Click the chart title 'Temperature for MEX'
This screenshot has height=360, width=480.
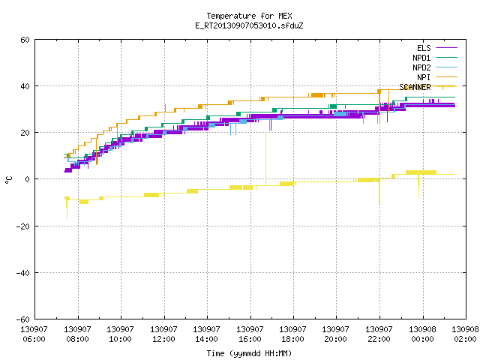(249, 16)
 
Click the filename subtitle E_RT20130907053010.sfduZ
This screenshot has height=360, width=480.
(249, 25)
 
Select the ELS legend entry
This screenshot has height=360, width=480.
(437, 48)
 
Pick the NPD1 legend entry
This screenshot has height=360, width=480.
(435, 58)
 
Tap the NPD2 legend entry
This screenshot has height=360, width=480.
(435, 67)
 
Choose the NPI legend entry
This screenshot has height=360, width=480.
(437, 77)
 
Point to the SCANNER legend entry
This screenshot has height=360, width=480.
(428, 87)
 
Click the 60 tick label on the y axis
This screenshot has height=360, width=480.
(25, 40)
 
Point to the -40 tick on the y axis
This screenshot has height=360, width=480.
(23, 273)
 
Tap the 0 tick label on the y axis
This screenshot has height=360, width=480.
(28, 179)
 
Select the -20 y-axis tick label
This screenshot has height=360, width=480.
(23, 226)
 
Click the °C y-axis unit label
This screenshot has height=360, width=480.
(9, 180)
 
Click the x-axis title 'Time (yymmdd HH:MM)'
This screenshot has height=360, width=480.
(249, 353)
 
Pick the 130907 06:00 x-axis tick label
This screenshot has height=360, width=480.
(34, 334)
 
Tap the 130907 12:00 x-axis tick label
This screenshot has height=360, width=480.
(163, 334)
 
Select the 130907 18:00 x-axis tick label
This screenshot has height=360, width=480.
(293, 334)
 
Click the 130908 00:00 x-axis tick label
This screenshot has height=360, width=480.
(422, 334)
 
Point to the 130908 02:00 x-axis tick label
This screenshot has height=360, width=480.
(465, 334)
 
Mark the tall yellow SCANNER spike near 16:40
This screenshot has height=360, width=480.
(265, 160)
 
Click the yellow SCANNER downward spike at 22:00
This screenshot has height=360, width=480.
(379, 191)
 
